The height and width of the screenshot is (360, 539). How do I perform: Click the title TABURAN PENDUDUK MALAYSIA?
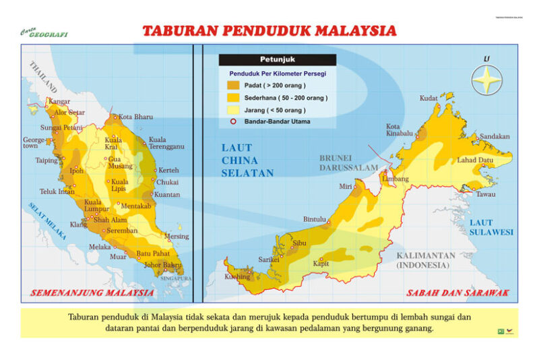click(269, 31)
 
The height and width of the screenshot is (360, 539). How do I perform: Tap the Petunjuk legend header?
click(277, 59)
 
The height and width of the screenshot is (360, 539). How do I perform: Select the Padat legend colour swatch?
click(232, 86)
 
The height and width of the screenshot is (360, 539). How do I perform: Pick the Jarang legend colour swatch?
click(232, 110)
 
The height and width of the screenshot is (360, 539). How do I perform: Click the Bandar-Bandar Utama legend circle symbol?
click(232, 122)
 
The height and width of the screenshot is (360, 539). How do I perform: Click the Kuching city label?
click(237, 277)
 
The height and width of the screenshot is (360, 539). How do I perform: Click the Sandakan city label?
click(495, 136)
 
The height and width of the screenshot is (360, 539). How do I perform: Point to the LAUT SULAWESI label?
click(491, 227)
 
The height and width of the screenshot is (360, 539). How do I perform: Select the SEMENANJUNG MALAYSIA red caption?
click(92, 293)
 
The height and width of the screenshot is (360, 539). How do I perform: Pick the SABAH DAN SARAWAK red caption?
click(457, 293)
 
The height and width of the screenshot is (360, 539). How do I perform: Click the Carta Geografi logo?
click(44, 32)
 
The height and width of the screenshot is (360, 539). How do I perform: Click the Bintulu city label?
click(315, 219)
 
